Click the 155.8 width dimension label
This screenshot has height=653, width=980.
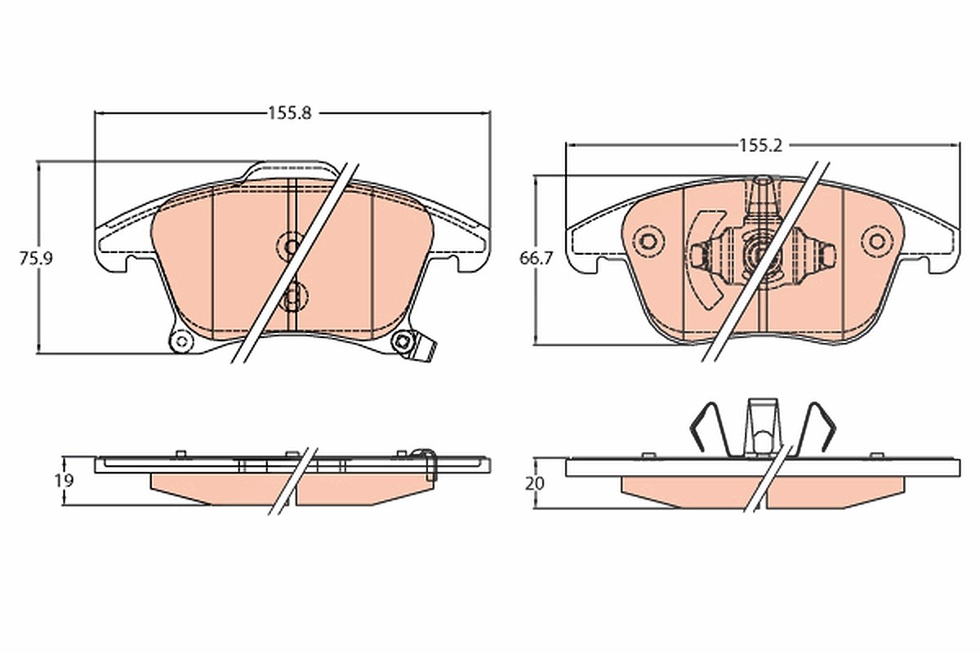coord(290,113)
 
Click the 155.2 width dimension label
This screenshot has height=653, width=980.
coord(760,145)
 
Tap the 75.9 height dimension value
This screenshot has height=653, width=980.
coord(36,259)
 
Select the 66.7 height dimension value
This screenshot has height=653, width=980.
coord(537,259)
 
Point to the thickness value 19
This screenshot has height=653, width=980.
coord(64,481)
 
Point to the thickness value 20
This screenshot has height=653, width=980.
coord(535,484)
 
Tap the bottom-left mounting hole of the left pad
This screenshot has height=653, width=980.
coord(181,340)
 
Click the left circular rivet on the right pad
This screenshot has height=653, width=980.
coord(648,241)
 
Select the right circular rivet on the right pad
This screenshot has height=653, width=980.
coord(877,241)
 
